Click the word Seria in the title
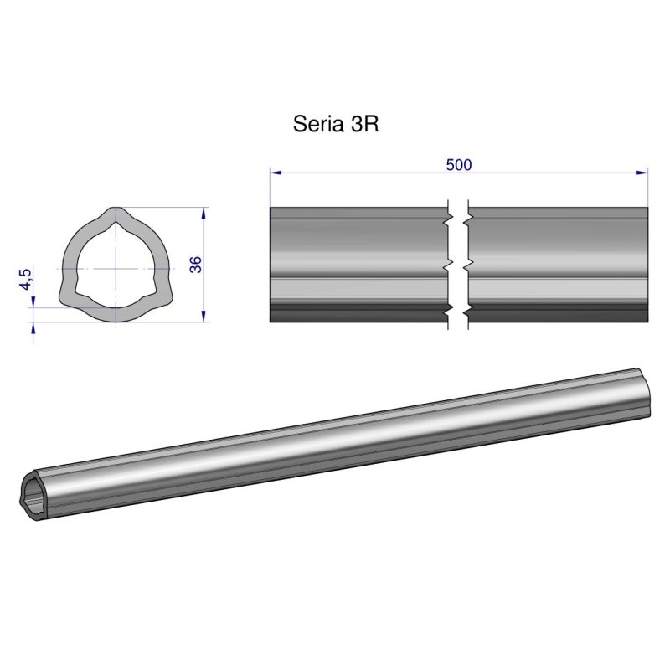click(x=316, y=124)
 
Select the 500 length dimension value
click(x=459, y=164)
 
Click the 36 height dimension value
click(x=195, y=265)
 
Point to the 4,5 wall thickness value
click(x=26, y=278)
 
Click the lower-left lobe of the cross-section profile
click(x=67, y=296)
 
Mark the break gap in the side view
click(x=457, y=265)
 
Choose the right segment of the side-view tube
click(x=558, y=265)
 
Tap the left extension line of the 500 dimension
click(x=270, y=188)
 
